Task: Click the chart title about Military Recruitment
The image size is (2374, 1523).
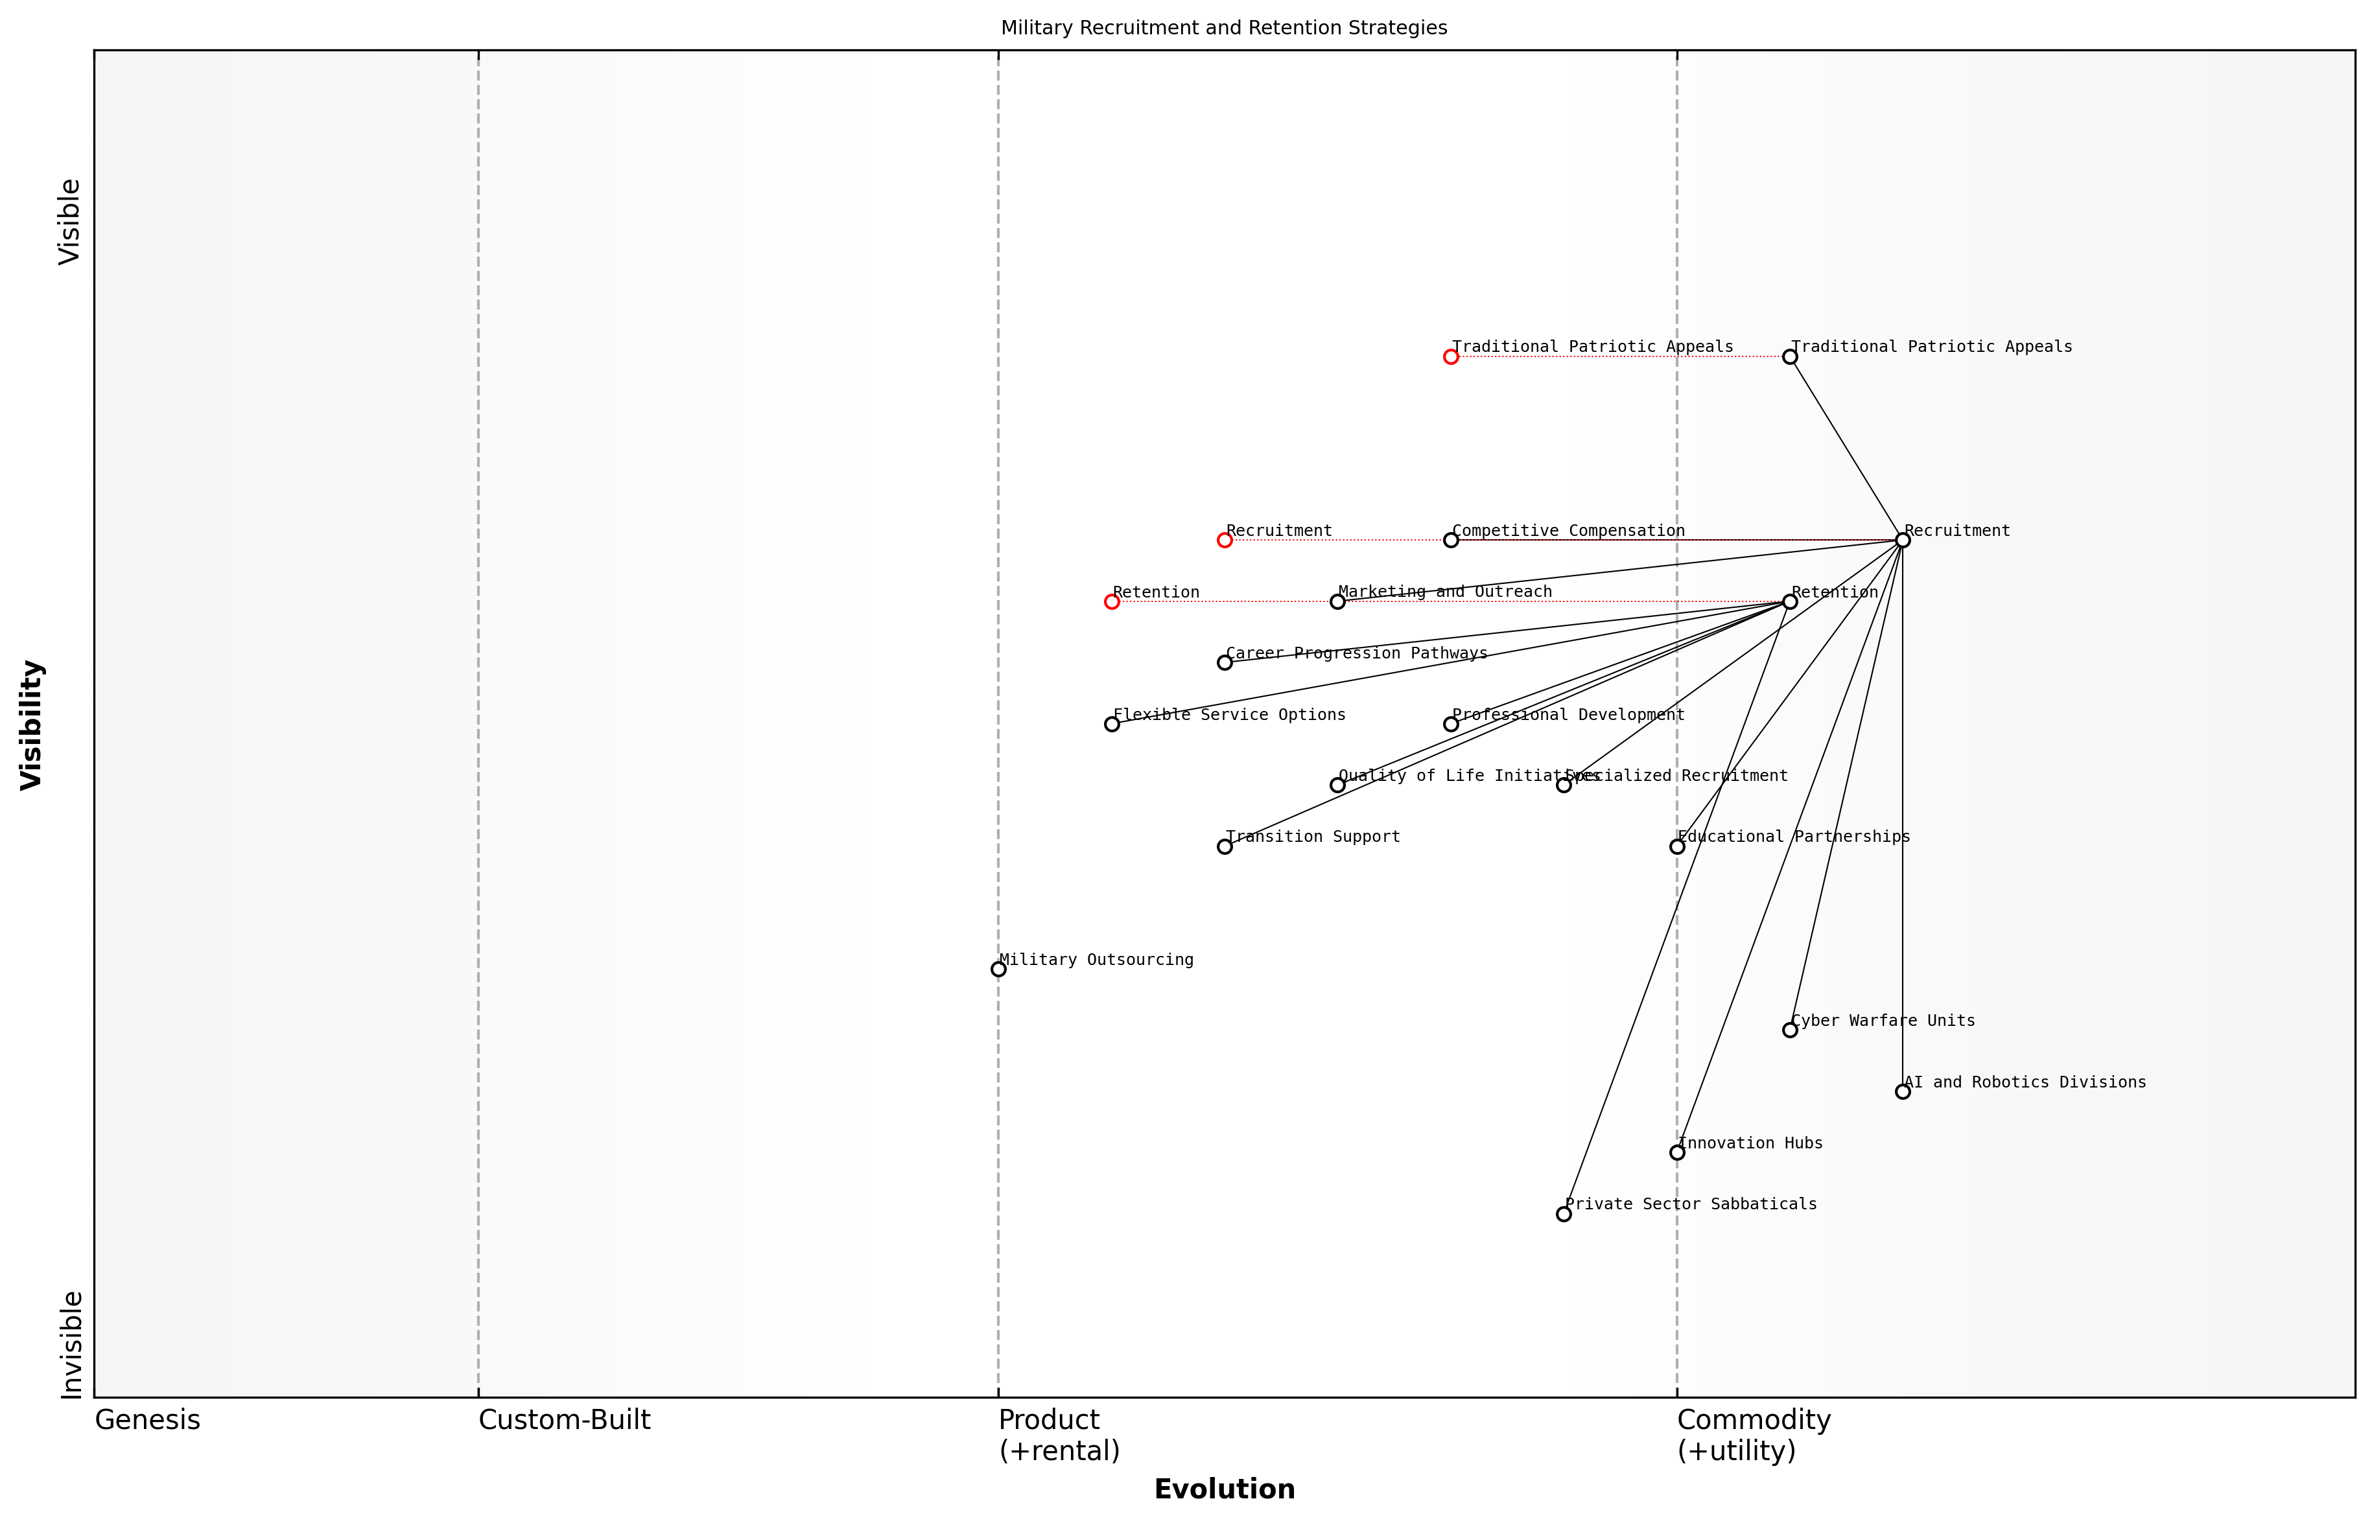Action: [x=1223, y=28]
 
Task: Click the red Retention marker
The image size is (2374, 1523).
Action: [x=1112, y=601]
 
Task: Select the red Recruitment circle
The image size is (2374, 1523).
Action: [x=1225, y=540]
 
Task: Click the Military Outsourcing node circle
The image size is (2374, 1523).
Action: [x=998, y=969]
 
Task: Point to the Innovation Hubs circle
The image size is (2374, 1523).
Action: [x=1676, y=1152]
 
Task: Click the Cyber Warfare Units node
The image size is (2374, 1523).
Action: [x=1789, y=1030]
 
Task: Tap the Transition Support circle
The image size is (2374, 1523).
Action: [x=1225, y=846]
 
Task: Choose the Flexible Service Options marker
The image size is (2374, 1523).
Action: [x=1112, y=724]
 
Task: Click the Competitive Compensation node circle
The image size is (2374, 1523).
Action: [x=1451, y=540]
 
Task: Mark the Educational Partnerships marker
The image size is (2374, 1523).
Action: [x=1676, y=846]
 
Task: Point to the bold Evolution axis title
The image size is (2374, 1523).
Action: [x=1223, y=1489]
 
